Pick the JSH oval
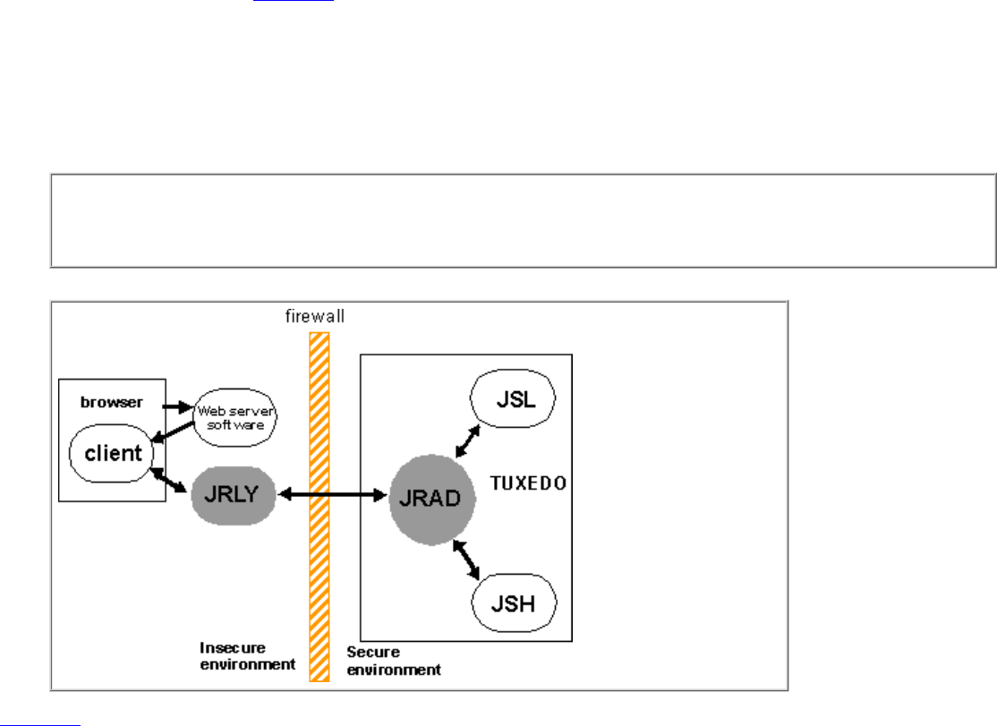click(514, 602)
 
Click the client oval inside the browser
click(113, 453)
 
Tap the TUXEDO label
click(529, 483)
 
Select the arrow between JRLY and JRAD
click(333, 494)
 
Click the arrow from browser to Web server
click(178, 406)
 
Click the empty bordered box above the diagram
click(523, 220)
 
